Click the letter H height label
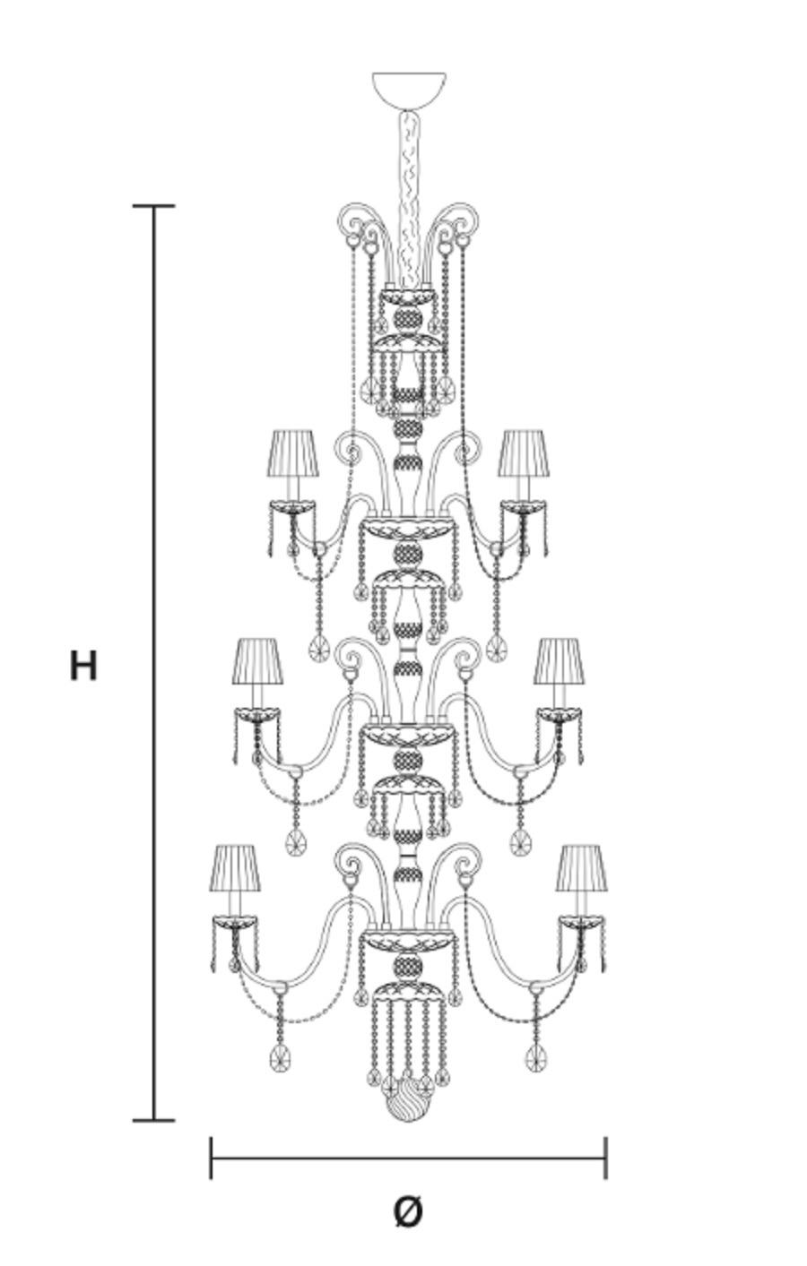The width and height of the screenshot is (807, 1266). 83,666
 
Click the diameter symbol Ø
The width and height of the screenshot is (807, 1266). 408,1210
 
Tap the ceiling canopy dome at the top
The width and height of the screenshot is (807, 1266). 409,90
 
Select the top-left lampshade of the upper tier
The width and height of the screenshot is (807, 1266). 292,453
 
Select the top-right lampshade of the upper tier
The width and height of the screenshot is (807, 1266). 524,453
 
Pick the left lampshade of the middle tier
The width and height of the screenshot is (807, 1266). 257,661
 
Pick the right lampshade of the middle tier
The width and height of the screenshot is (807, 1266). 559,661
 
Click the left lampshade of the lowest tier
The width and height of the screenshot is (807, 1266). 235,868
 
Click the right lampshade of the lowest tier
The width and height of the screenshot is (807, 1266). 581,868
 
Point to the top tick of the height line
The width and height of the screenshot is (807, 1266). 153,206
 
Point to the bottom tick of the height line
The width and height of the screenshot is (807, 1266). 153,1120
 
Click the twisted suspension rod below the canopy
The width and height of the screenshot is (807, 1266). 410,198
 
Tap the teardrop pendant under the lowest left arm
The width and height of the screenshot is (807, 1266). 280,1057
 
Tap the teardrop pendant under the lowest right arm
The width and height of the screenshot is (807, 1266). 535,1057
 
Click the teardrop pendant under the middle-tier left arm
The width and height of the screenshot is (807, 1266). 295,843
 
